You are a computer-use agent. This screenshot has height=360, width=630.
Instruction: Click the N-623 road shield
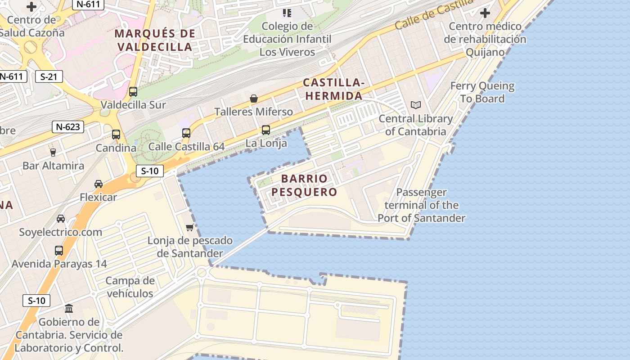tap(68, 127)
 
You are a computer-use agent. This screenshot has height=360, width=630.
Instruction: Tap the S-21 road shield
tap(49, 76)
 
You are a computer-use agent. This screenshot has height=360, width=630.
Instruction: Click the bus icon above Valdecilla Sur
tap(133, 92)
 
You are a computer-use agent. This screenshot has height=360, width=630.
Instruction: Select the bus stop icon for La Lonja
tap(266, 130)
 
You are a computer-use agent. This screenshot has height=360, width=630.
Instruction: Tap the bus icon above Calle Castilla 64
tap(186, 133)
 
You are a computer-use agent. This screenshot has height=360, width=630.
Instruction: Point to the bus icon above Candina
tap(116, 135)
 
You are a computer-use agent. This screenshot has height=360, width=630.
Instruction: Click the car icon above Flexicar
tap(98, 184)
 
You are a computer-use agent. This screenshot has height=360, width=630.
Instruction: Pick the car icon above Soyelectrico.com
tap(61, 219)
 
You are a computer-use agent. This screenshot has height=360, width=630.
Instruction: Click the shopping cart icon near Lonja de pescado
tap(190, 227)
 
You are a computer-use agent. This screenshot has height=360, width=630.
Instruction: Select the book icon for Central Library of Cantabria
tap(416, 105)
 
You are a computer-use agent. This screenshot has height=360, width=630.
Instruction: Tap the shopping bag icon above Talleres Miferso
tap(254, 98)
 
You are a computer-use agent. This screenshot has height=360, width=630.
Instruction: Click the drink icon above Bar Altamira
tap(53, 152)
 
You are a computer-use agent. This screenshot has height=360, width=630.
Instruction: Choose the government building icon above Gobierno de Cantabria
tap(69, 309)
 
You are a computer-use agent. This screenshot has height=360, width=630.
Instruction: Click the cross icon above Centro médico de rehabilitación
tap(485, 13)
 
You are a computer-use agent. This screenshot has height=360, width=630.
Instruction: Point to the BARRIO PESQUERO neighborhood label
tap(304, 185)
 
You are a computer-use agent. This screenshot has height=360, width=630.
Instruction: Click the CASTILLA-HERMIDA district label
tap(333, 89)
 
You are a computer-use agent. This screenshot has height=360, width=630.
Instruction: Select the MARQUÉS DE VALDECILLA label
tap(155, 40)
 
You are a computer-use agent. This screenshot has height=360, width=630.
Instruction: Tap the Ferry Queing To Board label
tap(482, 92)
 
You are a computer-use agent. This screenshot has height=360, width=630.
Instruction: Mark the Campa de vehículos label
tap(130, 287)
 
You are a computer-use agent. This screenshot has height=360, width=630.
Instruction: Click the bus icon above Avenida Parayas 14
tap(59, 250)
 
